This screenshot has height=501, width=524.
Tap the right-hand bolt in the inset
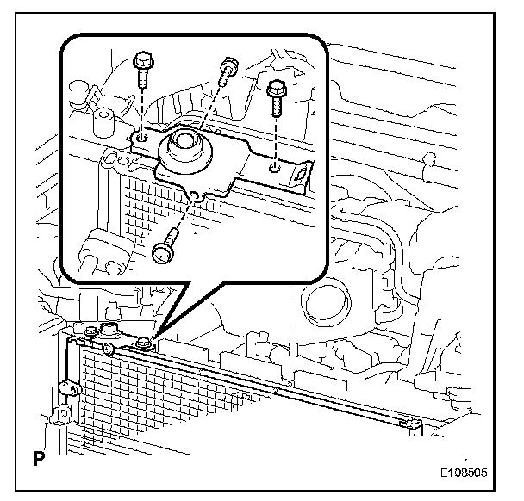click(276, 96)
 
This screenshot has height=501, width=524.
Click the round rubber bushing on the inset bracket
click(184, 148)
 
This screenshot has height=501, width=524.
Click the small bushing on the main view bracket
click(109, 331)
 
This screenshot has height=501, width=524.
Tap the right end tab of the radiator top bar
click(415, 424)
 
